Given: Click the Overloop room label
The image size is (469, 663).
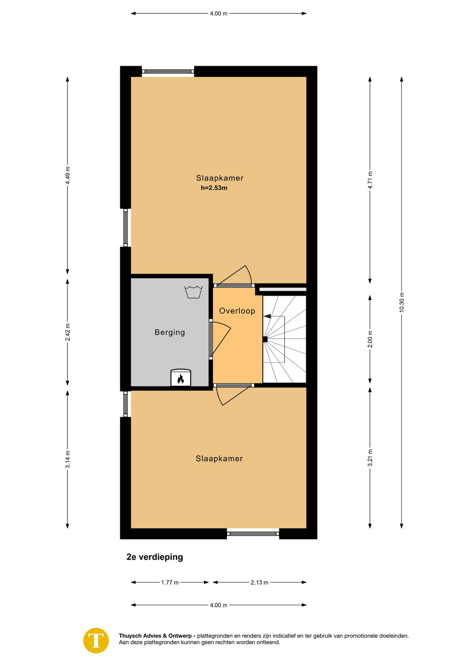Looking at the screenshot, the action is coord(237,311).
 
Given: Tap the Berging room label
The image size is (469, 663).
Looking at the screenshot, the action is coord(170,332).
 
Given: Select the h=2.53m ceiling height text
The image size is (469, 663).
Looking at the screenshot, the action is coord(214,188).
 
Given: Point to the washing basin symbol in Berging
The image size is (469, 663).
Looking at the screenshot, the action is coord(193,292).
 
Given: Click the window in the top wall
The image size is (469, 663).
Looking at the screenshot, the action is coord(168,71).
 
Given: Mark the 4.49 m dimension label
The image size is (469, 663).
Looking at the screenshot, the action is coord(68,175).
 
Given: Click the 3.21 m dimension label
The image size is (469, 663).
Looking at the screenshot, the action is coord(370,458).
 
